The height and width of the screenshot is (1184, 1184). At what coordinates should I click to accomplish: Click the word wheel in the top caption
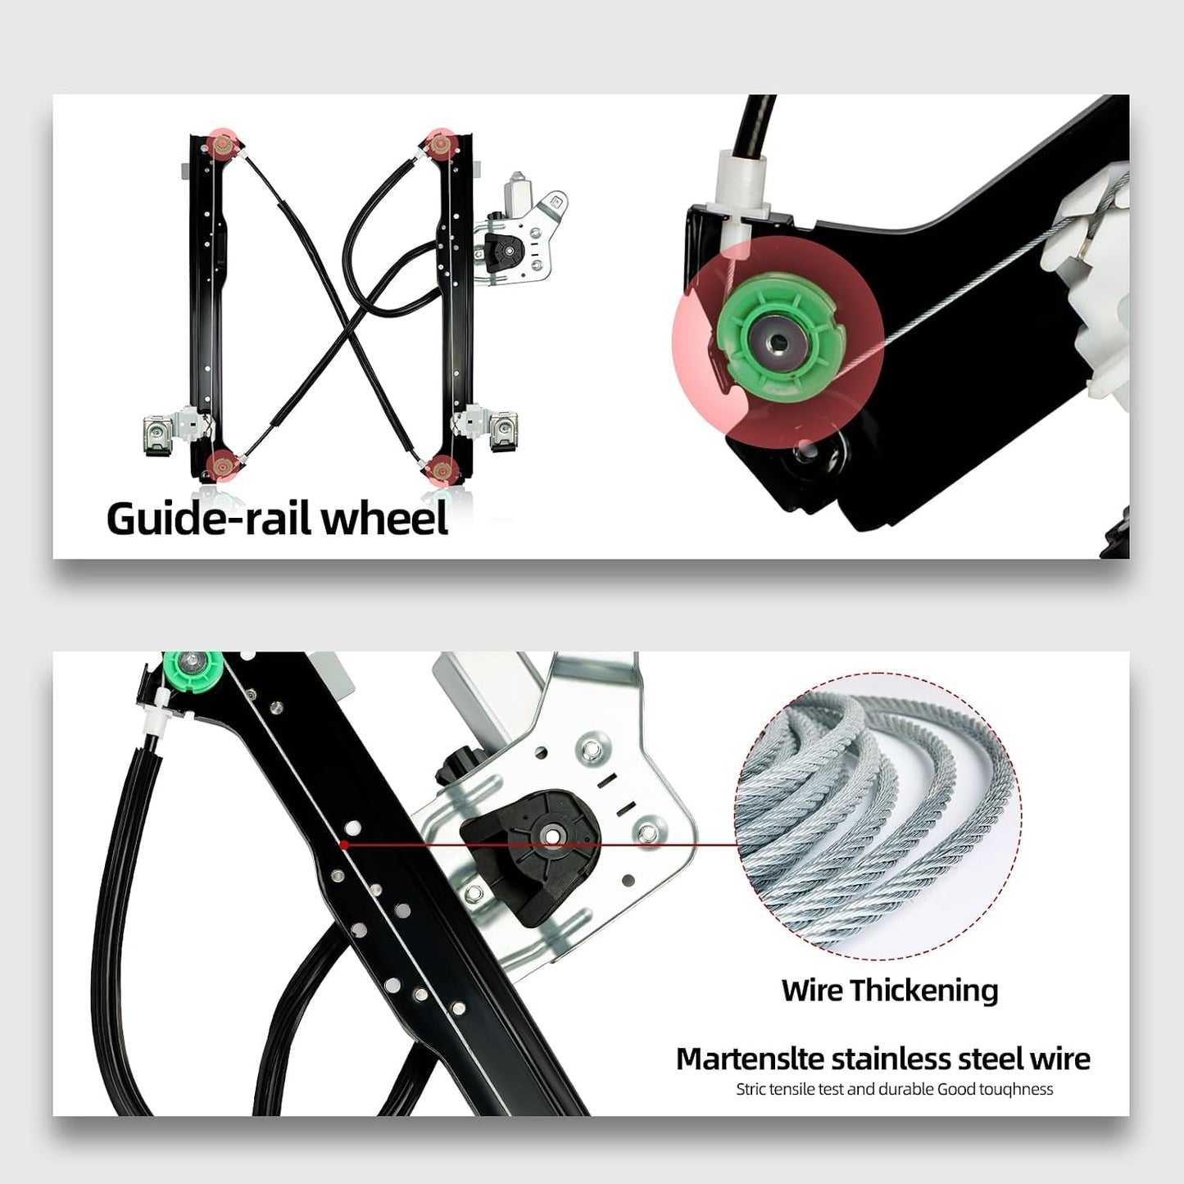(385, 517)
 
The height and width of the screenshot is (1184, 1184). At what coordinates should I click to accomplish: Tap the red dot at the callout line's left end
(345, 846)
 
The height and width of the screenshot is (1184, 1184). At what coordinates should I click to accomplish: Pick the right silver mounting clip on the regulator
(505, 431)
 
